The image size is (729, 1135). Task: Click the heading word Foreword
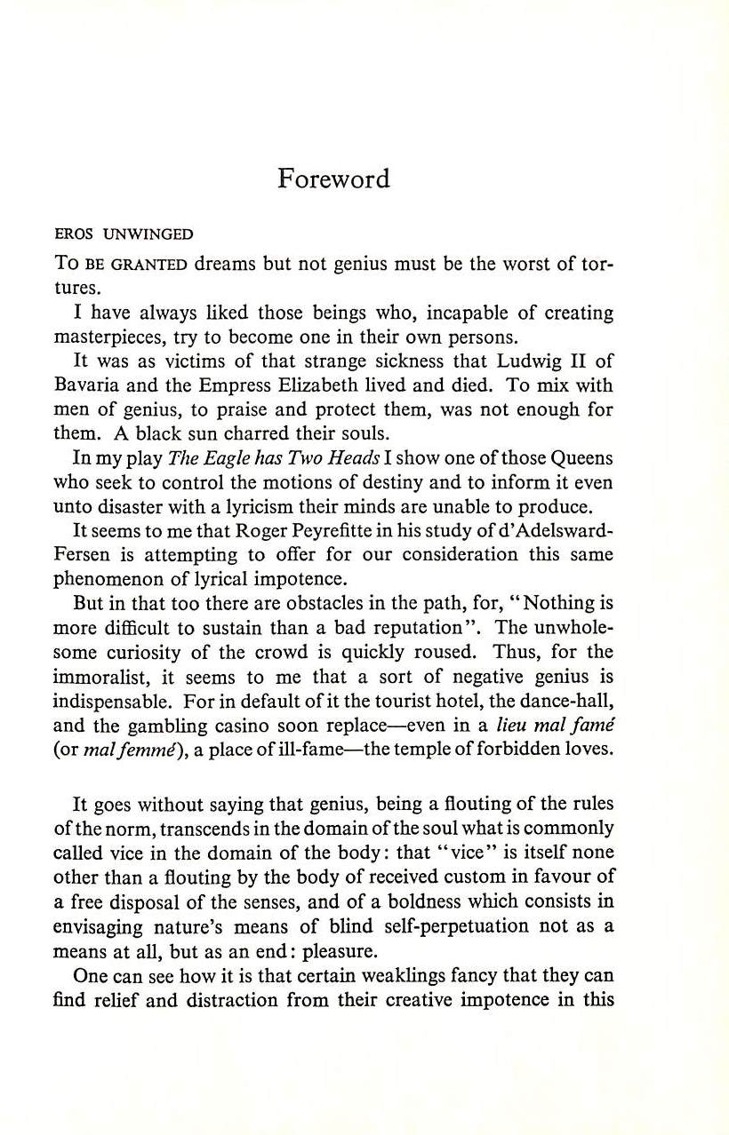[333, 179]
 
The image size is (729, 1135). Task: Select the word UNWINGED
[148, 235]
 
